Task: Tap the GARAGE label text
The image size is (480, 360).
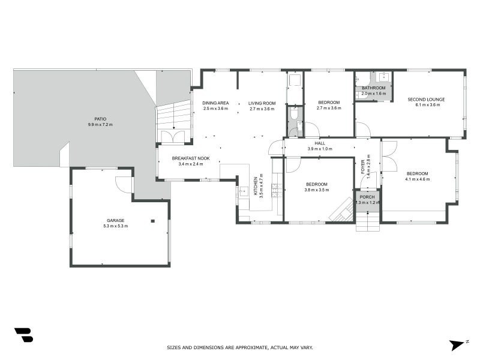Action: tap(116, 220)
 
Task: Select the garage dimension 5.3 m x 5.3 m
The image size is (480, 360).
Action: tap(116, 226)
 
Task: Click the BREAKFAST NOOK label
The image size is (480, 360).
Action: tap(190, 158)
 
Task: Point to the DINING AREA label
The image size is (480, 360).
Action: tap(215, 103)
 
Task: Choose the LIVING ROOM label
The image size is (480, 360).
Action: tap(262, 103)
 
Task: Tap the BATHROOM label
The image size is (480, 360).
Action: tap(374, 88)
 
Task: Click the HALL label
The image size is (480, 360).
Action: tap(320, 143)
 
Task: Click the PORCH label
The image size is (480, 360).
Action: tap(367, 196)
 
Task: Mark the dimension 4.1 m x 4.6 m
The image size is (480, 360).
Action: tap(417, 179)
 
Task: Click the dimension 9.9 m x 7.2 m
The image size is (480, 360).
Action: tap(100, 125)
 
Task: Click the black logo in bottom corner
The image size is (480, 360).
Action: tap(23, 335)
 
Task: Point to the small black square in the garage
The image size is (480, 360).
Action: tap(153, 221)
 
